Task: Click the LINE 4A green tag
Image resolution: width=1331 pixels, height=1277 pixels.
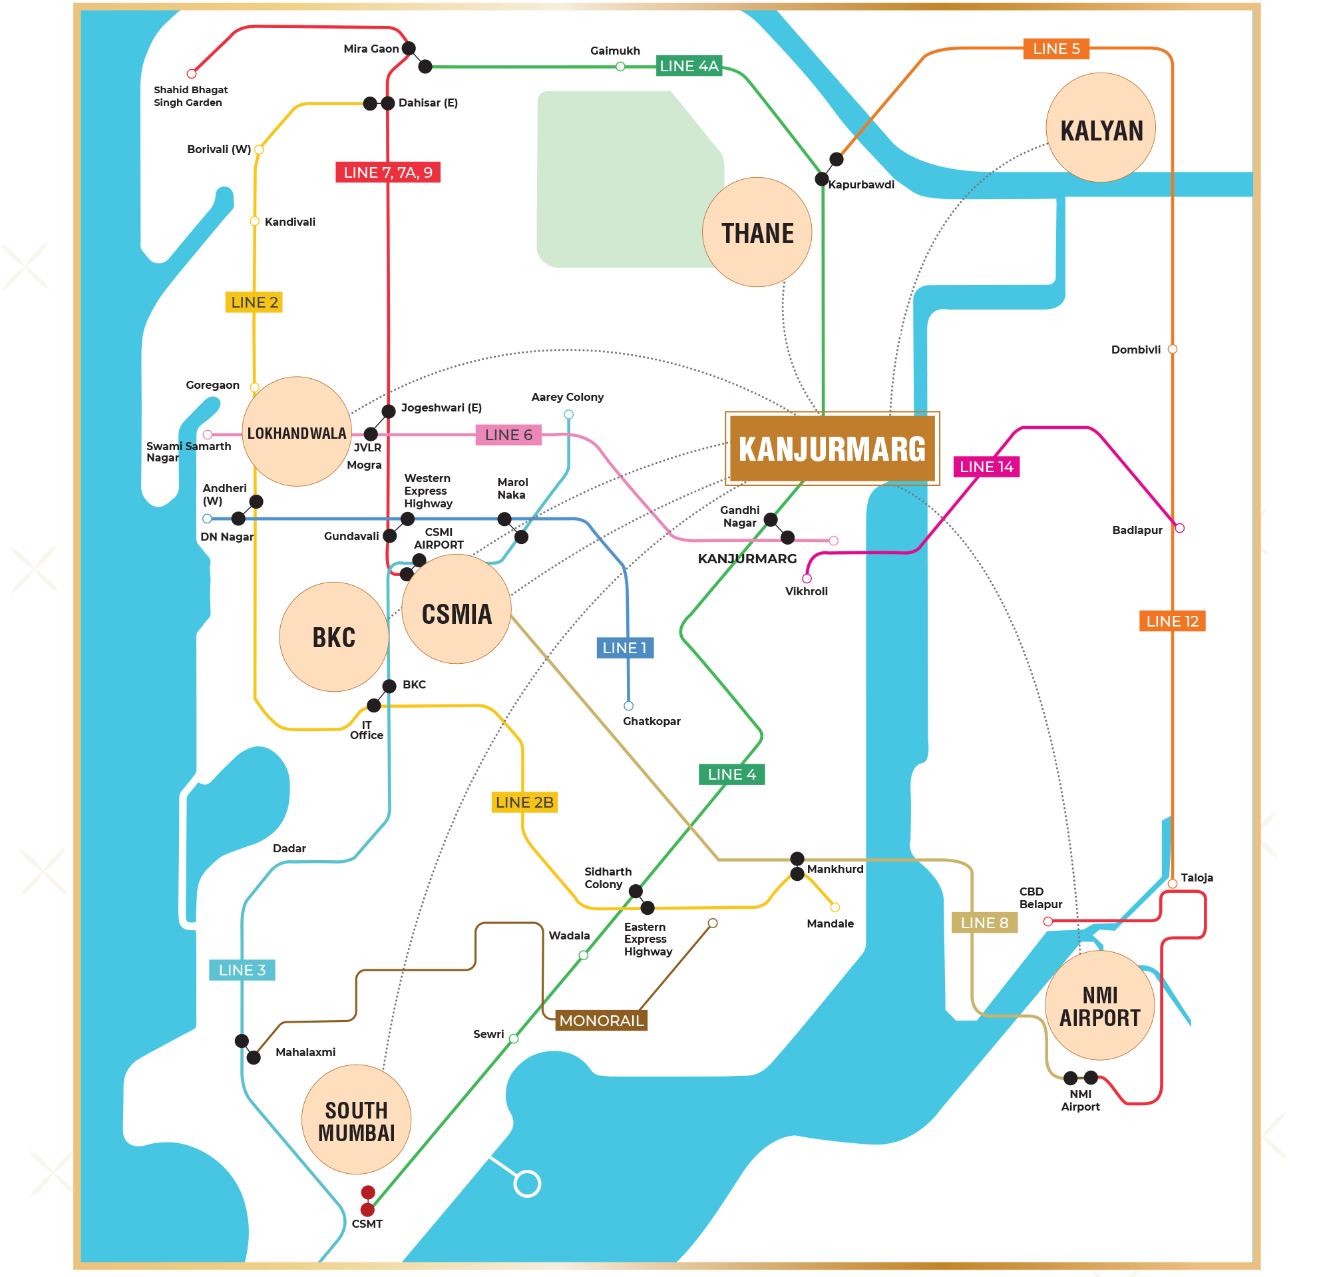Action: (x=689, y=66)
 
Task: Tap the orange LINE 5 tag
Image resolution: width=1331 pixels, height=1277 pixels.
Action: (x=1056, y=49)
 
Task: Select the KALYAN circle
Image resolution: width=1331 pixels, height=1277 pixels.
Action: (x=1101, y=128)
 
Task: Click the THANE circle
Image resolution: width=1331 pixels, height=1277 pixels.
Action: (x=757, y=232)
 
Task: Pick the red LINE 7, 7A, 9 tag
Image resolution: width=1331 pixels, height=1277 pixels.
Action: (x=388, y=172)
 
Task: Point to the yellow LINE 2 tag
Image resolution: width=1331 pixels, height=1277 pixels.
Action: (x=254, y=302)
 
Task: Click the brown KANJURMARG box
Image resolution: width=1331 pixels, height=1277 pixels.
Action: (x=832, y=448)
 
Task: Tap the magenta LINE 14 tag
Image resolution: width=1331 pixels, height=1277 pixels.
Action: (x=986, y=467)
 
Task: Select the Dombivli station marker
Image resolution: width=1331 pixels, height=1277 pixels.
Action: (x=1173, y=349)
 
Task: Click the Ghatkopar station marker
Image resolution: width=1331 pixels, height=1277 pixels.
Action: (x=629, y=706)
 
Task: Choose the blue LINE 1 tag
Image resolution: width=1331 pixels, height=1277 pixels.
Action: (x=625, y=648)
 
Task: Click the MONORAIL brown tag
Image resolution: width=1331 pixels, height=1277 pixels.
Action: (x=601, y=1020)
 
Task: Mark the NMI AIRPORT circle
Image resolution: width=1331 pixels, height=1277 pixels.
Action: (x=1099, y=1005)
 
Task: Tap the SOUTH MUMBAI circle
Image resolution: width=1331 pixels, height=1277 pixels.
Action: (x=357, y=1119)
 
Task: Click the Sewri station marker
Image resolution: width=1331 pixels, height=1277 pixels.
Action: (x=514, y=1039)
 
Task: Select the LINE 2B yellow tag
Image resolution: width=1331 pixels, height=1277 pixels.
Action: (x=524, y=802)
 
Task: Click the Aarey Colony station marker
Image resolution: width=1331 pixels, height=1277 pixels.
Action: (x=569, y=414)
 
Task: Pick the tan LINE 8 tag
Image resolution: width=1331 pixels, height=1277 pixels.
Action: (x=984, y=922)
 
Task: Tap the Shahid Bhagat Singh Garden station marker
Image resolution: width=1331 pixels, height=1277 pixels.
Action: (x=192, y=73)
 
